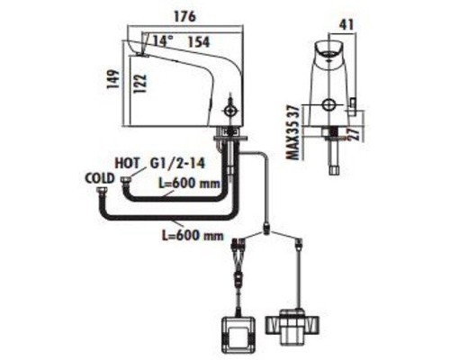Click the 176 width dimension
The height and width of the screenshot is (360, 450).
(x=184, y=16)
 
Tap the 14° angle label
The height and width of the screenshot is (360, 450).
(x=162, y=40)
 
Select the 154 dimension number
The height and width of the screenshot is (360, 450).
(x=199, y=41)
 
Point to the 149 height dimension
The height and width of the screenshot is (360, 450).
(x=113, y=79)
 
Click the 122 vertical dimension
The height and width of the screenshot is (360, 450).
(x=140, y=84)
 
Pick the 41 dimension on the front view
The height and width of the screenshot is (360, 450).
(x=347, y=24)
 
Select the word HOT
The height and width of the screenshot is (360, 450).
(x=128, y=164)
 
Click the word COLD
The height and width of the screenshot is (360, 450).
(x=100, y=178)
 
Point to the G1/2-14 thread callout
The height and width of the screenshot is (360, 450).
(x=178, y=164)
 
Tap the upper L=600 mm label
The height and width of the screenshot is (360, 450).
(x=190, y=184)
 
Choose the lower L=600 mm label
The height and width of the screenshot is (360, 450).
(x=193, y=235)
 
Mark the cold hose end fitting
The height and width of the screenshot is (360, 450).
(x=101, y=191)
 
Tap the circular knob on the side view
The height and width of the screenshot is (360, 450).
(x=230, y=111)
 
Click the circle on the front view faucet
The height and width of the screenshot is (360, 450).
(x=328, y=104)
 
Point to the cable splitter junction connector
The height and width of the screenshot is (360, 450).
(x=266, y=229)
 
